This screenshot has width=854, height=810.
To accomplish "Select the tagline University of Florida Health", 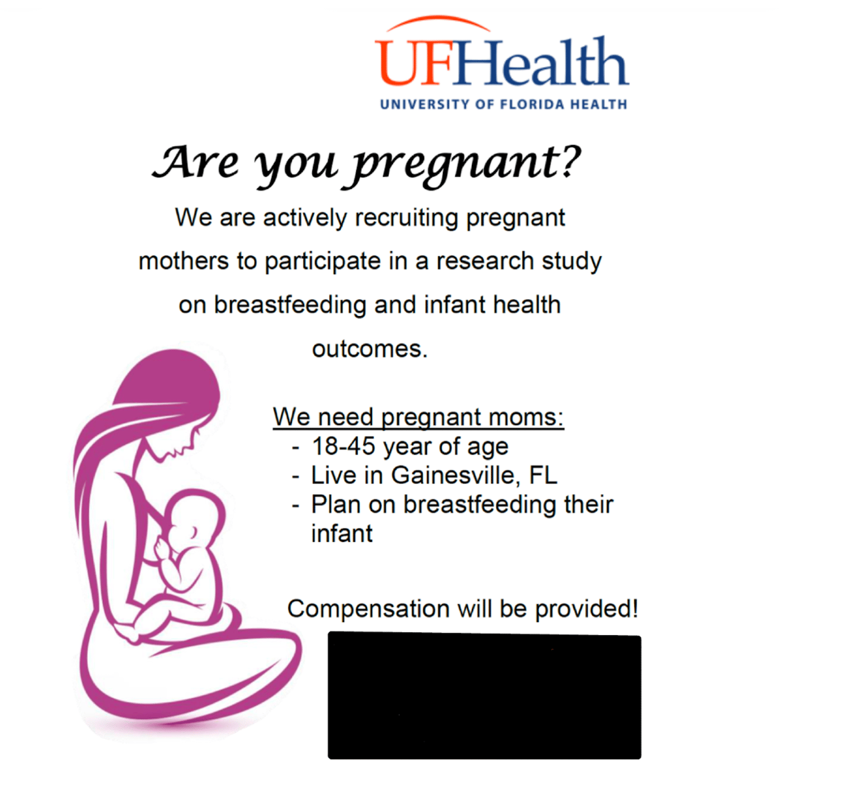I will tap(503, 104).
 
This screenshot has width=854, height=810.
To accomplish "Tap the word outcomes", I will tap(369, 349).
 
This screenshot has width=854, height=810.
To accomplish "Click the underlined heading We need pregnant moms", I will tap(418, 417).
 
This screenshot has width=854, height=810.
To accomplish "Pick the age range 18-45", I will tap(343, 447).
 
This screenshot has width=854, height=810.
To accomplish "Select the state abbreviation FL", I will tap(543, 476).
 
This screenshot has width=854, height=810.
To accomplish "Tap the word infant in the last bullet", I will tap(342, 534).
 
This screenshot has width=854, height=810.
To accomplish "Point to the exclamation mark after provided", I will tap(634, 608).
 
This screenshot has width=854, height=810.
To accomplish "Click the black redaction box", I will tap(484, 696).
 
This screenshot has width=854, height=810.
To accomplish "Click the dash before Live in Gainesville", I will tap(296, 477).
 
